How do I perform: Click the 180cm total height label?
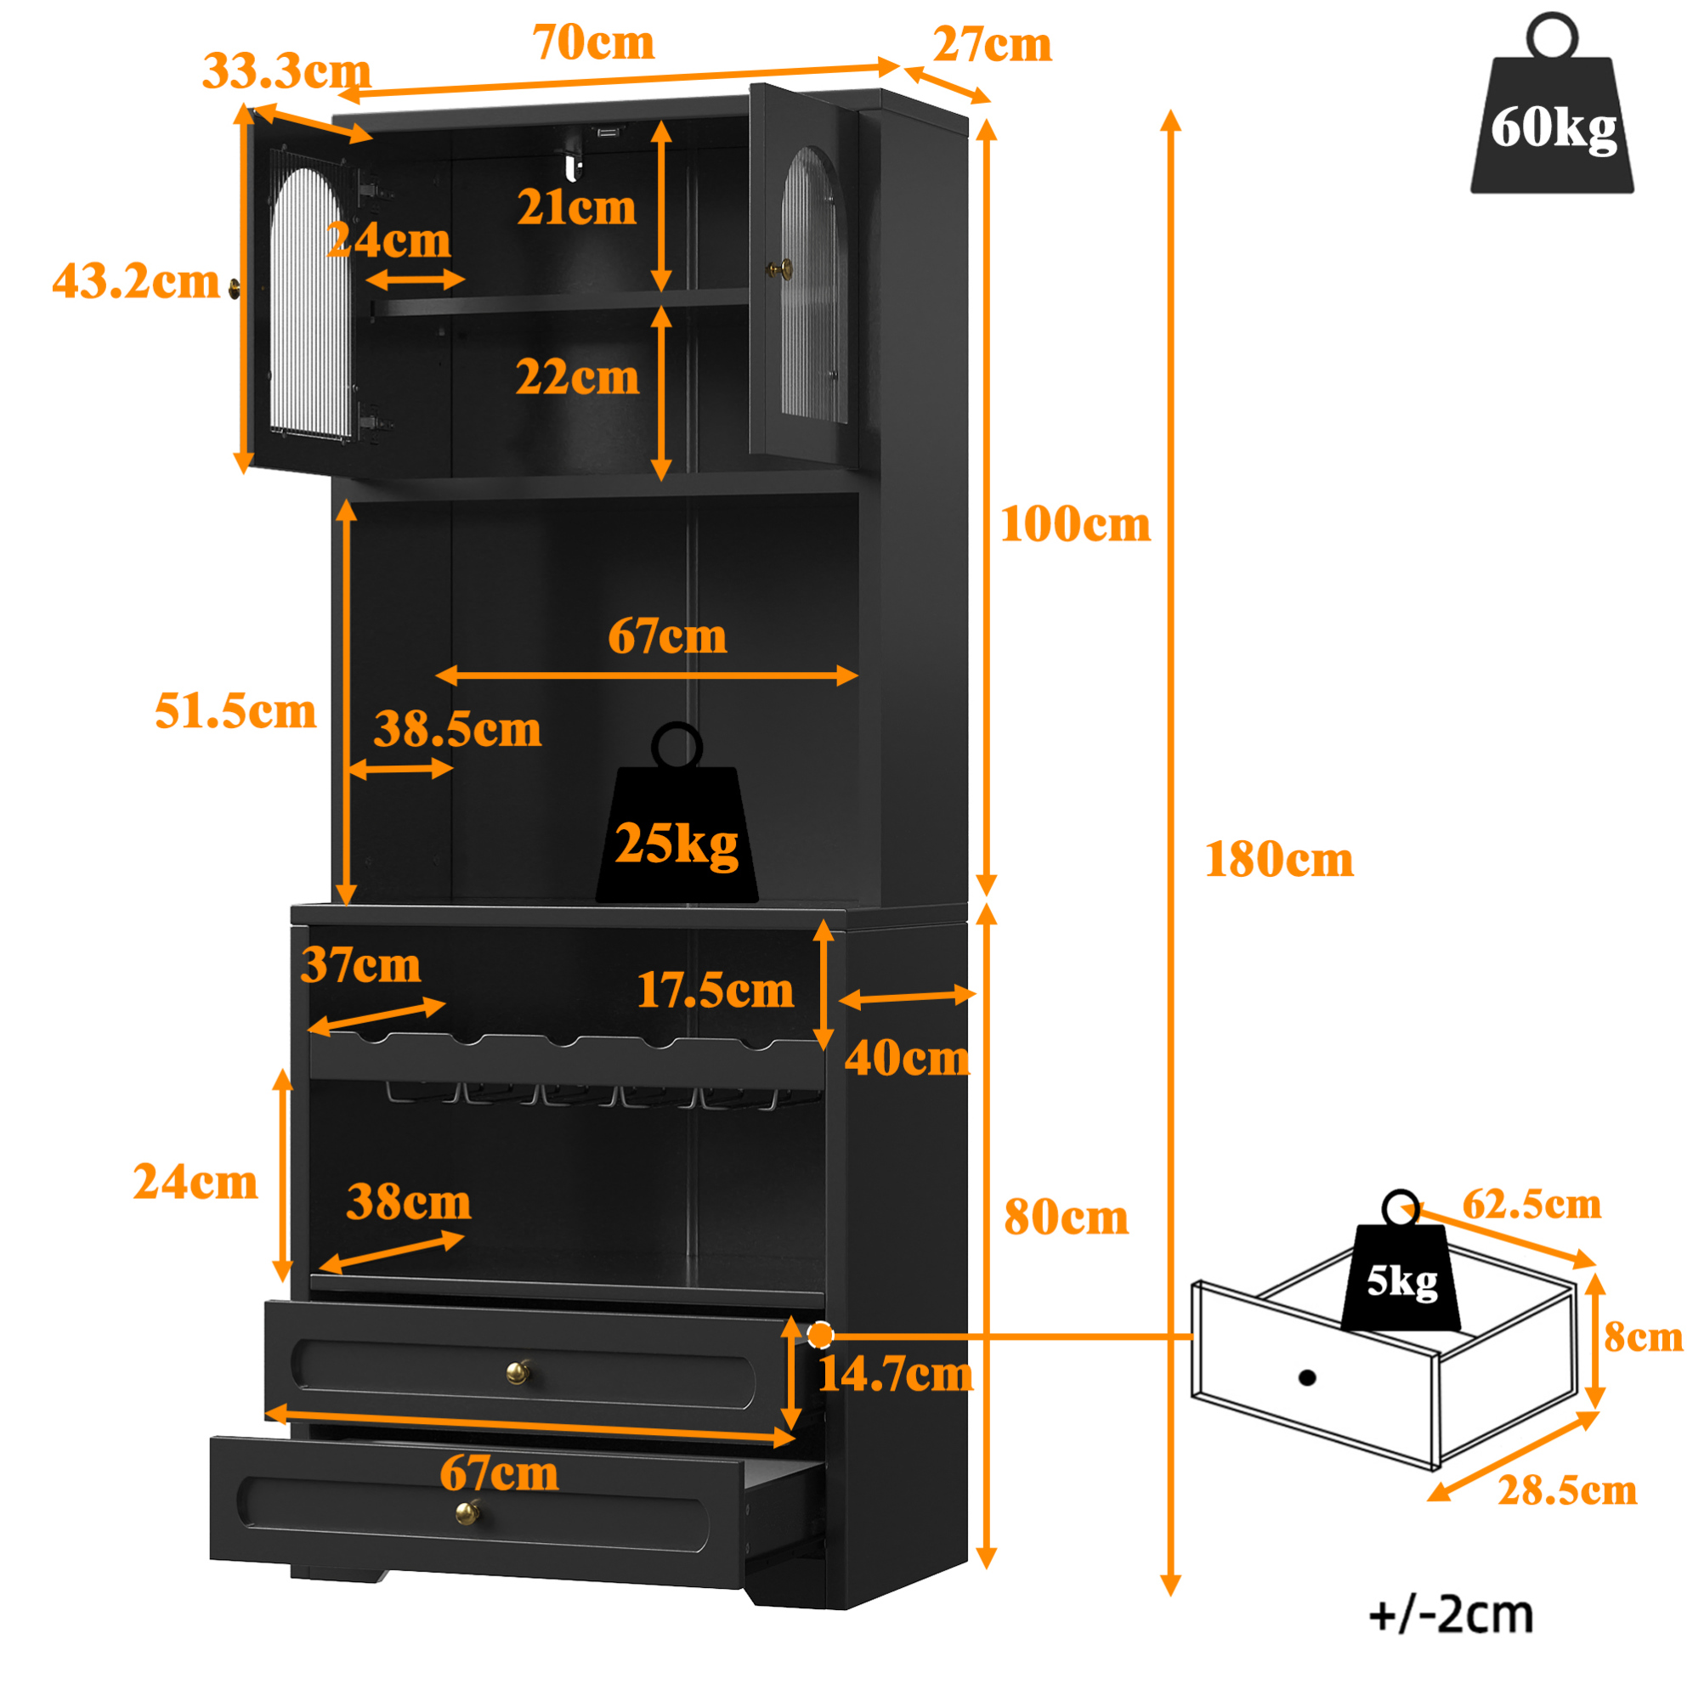[x=1279, y=860]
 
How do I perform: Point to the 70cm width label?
[x=594, y=42]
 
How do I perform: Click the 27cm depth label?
[x=992, y=44]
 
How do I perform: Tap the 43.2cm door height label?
[x=136, y=281]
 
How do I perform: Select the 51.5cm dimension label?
[x=235, y=710]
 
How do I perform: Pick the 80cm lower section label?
[x=1066, y=1217]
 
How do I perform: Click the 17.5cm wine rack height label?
[x=716, y=990]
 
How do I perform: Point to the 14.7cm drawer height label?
[x=896, y=1374]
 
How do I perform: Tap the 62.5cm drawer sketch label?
[x=1532, y=1204]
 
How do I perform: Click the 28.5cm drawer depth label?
[x=1567, y=1490]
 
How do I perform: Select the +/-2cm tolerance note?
[x=1452, y=1615]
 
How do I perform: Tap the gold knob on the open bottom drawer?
[x=468, y=1512]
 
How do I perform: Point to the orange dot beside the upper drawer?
[x=820, y=1335]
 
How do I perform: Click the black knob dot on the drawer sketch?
[x=1307, y=1377]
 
